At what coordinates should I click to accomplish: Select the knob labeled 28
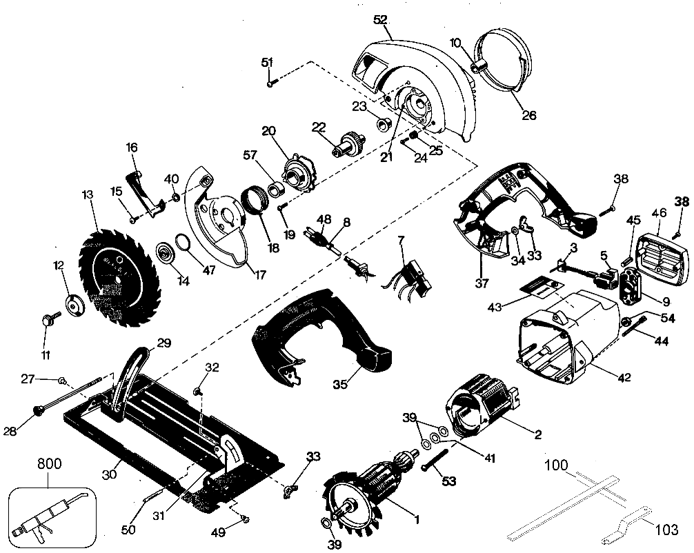coord(39,411)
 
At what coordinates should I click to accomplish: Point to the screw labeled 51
coord(270,83)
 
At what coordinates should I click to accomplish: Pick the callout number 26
coord(528,115)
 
